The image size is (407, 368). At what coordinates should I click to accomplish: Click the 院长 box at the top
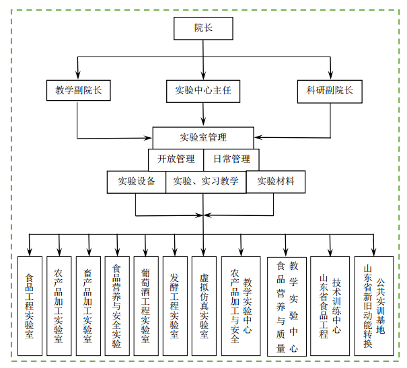point(203,28)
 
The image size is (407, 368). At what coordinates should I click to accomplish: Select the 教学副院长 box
point(78,90)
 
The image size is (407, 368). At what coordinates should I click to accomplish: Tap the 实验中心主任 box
point(203,90)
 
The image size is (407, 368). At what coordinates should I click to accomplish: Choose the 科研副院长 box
point(330,90)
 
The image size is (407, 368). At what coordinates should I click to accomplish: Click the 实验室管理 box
point(203,138)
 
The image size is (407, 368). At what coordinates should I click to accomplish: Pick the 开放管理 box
point(176,159)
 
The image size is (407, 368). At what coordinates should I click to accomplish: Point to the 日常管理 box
point(231,159)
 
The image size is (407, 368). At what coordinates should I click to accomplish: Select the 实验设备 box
point(137,181)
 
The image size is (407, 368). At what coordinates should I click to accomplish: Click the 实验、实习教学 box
point(206,181)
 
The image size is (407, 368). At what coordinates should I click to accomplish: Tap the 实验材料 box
point(275,181)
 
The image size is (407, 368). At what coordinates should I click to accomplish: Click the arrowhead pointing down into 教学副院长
point(78,76)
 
